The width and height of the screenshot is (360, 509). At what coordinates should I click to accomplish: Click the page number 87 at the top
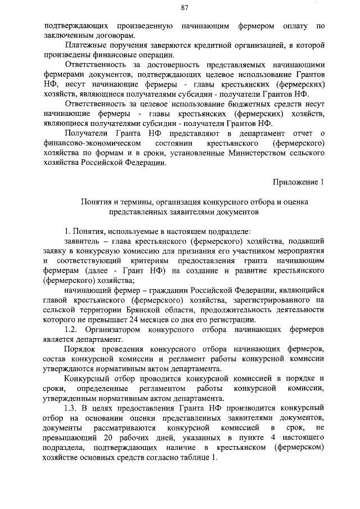184,7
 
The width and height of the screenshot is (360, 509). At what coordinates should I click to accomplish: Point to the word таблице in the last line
193,457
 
